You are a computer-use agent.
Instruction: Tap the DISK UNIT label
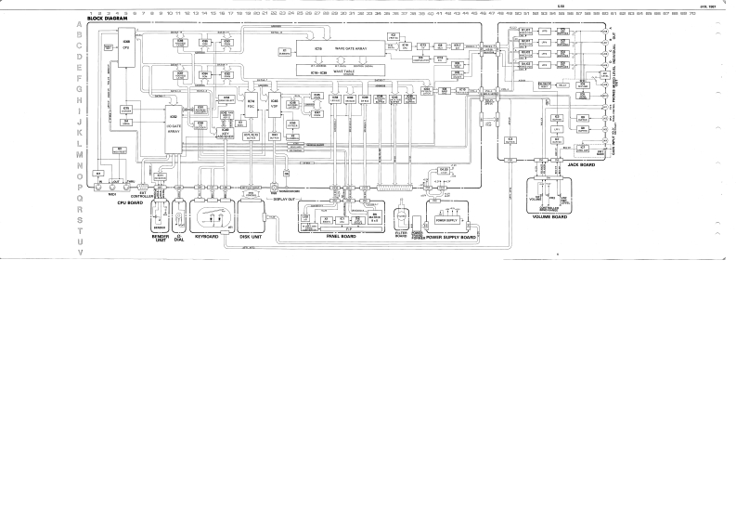click(x=252, y=237)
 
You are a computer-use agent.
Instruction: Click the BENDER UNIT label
click(x=158, y=239)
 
